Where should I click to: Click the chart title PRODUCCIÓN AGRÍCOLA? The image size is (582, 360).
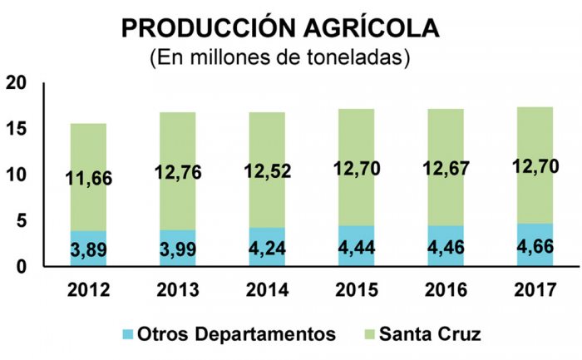(281, 28)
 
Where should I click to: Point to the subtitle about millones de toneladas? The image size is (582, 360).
(281, 60)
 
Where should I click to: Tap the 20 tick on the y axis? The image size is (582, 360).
(16, 83)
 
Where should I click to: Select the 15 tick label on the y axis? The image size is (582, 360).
(16, 130)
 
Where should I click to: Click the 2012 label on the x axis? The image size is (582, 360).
(87, 292)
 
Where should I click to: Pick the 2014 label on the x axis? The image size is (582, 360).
(267, 292)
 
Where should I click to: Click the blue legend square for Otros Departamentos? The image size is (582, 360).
(128, 334)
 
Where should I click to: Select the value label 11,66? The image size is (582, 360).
(87, 178)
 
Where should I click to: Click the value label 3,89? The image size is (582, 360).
(87, 249)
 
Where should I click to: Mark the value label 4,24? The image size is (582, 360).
(267, 249)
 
